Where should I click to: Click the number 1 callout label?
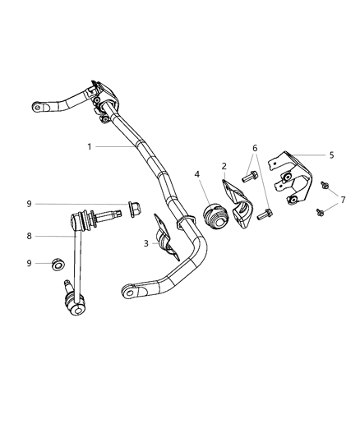click(89, 146)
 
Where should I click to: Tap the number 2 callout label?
click(224, 166)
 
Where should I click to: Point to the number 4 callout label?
click(197, 173)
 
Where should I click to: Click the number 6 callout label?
click(255, 147)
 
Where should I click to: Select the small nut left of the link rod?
click(58, 265)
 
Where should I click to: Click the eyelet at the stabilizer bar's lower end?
click(128, 290)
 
